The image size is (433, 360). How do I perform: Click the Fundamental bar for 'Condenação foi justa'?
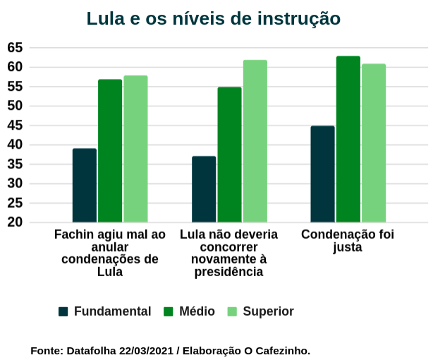pos(322,174)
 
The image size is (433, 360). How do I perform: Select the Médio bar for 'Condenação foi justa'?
pos(348,139)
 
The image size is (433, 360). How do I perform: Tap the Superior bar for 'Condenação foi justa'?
pos(374,143)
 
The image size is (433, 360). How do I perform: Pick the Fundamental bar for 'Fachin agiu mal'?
pos(84,185)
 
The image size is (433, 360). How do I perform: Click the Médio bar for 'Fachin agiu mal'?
pos(110,151)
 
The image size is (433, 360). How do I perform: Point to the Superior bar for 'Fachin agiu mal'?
pos(135,149)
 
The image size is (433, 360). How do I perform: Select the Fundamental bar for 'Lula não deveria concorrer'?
pos(204,189)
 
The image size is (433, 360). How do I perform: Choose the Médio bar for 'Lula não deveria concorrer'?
pos(229,154)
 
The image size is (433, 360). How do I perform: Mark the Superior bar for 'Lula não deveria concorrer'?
pos(255,141)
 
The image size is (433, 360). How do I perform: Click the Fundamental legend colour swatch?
pos(63,311)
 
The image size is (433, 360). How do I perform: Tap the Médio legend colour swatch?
pos(169,311)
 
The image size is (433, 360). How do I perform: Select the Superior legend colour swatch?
pos(232,311)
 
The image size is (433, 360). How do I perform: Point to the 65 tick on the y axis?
pos(15,48)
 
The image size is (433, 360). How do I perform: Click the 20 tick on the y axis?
pos(15,223)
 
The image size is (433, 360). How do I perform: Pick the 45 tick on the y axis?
pos(15,125)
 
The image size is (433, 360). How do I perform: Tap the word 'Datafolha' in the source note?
pos(92,350)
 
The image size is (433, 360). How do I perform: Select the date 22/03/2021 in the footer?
pos(146,350)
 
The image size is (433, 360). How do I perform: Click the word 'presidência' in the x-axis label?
pos(228,273)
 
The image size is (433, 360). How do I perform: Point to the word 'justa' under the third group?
pos(348,247)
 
